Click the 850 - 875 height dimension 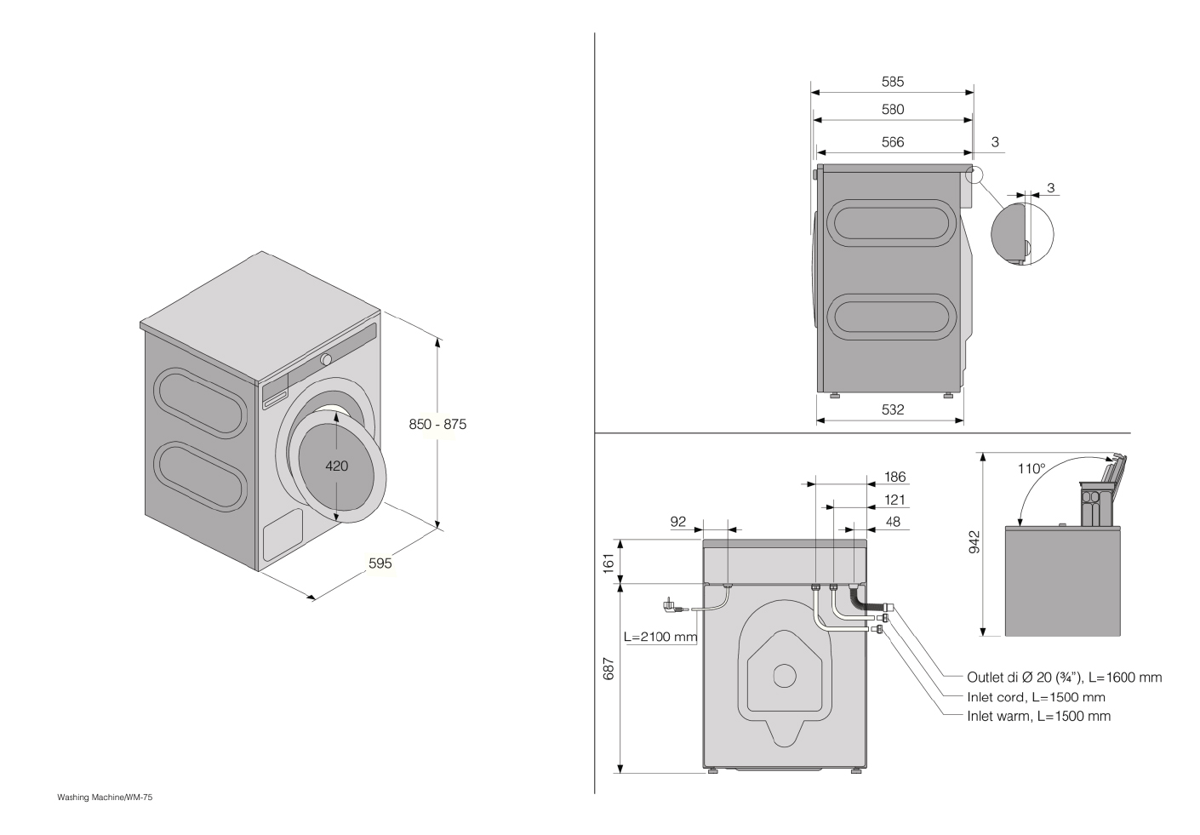click(437, 425)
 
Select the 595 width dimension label click(380, 563)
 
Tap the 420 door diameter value click(337, 466)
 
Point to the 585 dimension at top click(893, 82)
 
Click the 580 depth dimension click(893, 109)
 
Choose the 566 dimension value click(893, 142)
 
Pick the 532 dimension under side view click(893, 409)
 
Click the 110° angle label click(1031, 469)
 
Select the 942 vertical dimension click(974, 542)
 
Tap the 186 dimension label click(895, 477)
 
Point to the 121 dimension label click(895, 500)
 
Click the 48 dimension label click(893, 522)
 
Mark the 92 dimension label click(678, 522)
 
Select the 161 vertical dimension click(609, 563)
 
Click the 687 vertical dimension click(609, 669)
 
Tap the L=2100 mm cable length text click(660, 637)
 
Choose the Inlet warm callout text click(1039, 716)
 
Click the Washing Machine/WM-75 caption click(105, 798)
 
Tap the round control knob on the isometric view click(326, 359)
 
